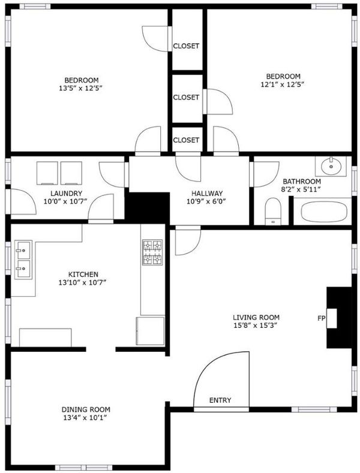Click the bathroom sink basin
[331, 166]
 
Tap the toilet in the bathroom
[273, 211]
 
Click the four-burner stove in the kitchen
[152, 252]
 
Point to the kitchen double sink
[23, 260]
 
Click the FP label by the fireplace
[321, 318]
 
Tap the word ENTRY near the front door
[220, 400]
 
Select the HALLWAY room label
[207, 194]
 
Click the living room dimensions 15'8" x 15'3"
[256, 326]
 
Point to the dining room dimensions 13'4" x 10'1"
[86, 418]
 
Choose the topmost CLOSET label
[186, 46]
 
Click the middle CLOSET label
[186, 97]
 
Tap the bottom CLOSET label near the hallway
[186, 140]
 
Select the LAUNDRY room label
[66, 194]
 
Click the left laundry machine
[47, 173]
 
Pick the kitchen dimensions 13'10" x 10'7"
[82, 282]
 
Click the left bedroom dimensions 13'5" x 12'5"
[81, 88]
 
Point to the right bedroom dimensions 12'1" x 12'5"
[282, 85]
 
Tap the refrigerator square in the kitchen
[151, 330]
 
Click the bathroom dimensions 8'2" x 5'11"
[301, 189]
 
